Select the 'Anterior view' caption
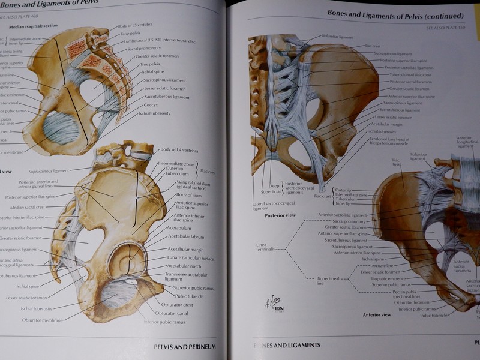(x=377, y=314)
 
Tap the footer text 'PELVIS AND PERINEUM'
(x=184, y=346)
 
